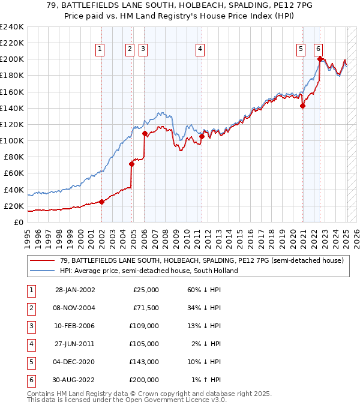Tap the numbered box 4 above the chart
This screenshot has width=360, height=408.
200,50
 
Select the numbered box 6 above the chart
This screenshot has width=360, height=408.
317,50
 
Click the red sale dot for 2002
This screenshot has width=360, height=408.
101,202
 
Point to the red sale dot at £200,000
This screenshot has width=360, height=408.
320,59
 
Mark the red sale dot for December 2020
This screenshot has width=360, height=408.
302,106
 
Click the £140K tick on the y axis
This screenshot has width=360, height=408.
13,108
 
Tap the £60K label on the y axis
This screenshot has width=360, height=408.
13,173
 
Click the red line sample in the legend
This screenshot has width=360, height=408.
42,260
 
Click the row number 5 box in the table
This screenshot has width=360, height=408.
31,362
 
